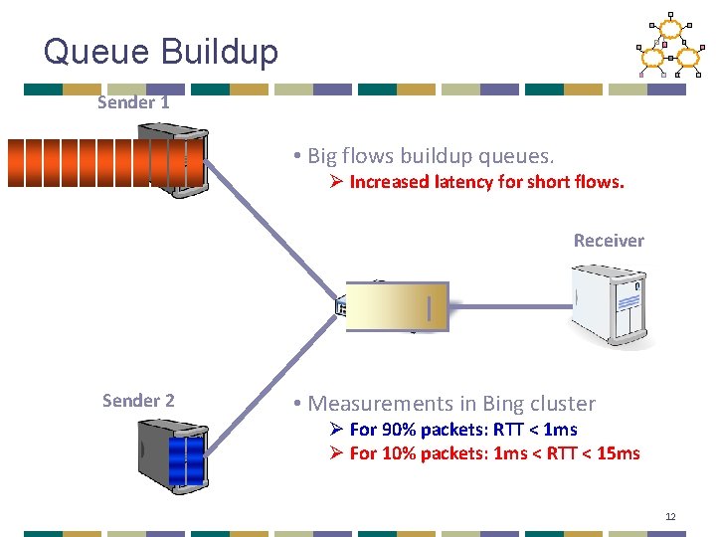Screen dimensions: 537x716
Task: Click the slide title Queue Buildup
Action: pos(161,51)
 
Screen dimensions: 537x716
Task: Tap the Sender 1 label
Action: pos(133,102)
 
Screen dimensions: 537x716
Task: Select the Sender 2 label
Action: pos(138,401)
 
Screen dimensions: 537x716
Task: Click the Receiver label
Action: pos(609,241)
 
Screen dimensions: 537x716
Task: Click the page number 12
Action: pos(670,517)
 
